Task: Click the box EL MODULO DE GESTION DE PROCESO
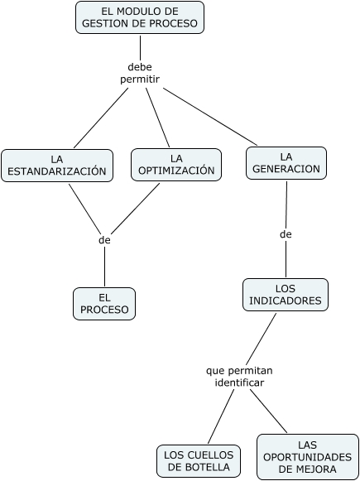coord(140,17)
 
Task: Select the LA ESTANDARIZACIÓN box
coord(57,166)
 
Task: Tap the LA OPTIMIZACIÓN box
coord(176,165)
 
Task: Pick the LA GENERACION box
coord(286,163)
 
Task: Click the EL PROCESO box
coord(104,304)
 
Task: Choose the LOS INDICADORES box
coord(286,295)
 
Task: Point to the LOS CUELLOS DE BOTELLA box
coord(199,461)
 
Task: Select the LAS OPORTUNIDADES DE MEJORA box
coord(308,457)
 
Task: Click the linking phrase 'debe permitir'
coord(140,73)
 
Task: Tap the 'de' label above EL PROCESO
coord(104,240)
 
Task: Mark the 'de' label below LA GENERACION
coord(286,234)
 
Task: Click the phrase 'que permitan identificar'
coord(239,377)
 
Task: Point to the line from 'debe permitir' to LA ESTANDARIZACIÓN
coord(101,118)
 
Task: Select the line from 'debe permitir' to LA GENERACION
coord(210,117)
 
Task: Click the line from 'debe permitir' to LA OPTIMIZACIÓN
coord(157,118)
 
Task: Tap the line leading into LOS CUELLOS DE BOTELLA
coord(221,416)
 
